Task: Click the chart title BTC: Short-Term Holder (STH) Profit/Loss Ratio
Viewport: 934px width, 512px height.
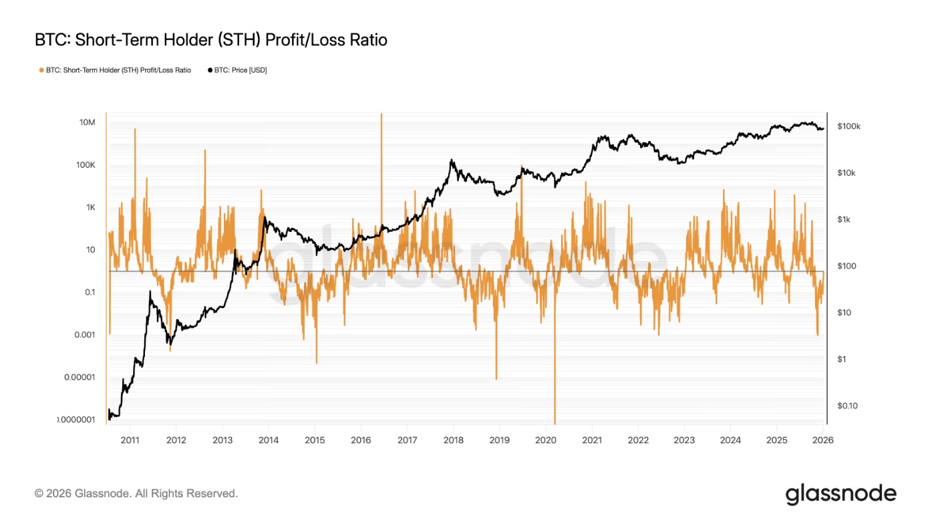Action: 210,40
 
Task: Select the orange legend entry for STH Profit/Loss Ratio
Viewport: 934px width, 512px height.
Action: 116,70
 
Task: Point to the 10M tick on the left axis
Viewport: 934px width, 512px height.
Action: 87,122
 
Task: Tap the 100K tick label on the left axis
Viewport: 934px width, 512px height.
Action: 86,165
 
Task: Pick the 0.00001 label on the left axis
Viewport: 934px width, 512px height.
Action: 80,377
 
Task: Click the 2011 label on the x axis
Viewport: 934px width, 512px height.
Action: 130,440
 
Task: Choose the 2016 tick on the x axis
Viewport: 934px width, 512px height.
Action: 361,440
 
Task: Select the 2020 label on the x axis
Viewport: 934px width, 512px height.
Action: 546,440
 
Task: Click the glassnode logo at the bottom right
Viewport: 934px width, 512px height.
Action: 840,494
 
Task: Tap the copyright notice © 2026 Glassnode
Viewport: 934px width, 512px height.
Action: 136,494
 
